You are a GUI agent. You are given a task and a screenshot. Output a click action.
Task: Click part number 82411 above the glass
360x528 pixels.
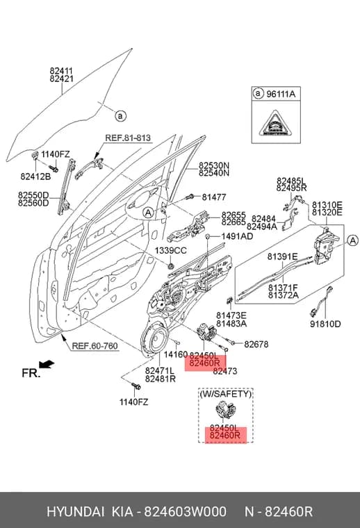[61, 71]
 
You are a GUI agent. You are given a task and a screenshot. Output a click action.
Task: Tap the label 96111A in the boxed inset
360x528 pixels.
[281, 94]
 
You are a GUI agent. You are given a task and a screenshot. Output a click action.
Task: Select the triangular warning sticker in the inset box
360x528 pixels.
[275, 123]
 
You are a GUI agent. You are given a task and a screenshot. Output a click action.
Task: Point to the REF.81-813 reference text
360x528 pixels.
[128, 138]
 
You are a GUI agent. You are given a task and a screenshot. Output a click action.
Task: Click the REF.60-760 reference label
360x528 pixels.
[95, 346]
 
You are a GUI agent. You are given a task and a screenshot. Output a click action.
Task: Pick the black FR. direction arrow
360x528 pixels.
[46, 364]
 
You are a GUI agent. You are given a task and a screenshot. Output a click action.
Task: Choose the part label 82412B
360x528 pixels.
[35, 176]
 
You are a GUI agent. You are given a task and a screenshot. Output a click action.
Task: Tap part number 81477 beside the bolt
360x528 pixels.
[214, 197]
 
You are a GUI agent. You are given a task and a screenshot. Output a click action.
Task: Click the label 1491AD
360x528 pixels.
[237, 236]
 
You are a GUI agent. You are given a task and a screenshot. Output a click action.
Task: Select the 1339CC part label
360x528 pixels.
[171, 251]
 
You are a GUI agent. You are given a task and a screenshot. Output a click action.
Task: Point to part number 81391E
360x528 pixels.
[283, 257]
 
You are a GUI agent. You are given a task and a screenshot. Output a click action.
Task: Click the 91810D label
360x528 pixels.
[325, 324]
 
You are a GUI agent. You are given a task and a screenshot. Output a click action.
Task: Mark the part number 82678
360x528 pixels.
[256, 344]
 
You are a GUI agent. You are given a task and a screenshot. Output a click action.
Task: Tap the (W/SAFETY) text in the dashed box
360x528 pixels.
[226, 394]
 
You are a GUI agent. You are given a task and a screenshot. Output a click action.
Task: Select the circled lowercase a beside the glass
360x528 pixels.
[120, 116]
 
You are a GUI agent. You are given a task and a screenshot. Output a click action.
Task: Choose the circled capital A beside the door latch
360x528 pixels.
[352, 240]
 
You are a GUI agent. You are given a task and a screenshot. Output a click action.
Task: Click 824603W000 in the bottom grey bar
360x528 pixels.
[186, 511]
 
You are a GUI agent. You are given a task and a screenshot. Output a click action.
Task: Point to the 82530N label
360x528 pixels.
[214, 165]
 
